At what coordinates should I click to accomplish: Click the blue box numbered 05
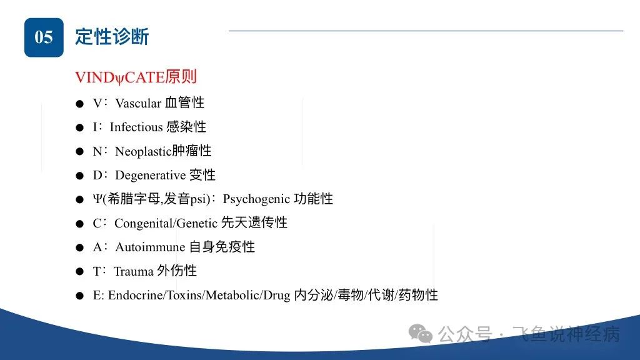(x=44, y=37)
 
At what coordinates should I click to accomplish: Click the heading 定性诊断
(x=112, y=37)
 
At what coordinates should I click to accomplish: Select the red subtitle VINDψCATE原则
(x=136, y=77)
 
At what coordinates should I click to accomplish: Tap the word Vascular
(x=138, y=103)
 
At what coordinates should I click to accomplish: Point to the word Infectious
(x=136, y=127)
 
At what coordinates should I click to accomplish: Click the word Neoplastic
(x=143, y=151)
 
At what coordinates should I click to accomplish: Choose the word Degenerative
(x=150, y=176)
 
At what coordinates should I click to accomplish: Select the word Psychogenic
(x=256, y=199)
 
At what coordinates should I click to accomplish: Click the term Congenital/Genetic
(x=166, y=223)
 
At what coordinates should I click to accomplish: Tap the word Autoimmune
(x=150, y=247)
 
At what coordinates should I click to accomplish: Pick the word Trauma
(x=134, y=271)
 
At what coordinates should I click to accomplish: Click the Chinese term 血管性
(x=184, y=102)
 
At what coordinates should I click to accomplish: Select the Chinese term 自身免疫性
(x=222, y=246)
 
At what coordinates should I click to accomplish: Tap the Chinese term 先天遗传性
(x=254, y=222)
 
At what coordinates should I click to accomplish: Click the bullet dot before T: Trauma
(x=79, y=271)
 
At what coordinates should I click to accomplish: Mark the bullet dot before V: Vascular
(x=79, y=104)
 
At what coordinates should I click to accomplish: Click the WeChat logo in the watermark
(x=421, y=334)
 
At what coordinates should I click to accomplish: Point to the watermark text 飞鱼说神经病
(x=566, y=334)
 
